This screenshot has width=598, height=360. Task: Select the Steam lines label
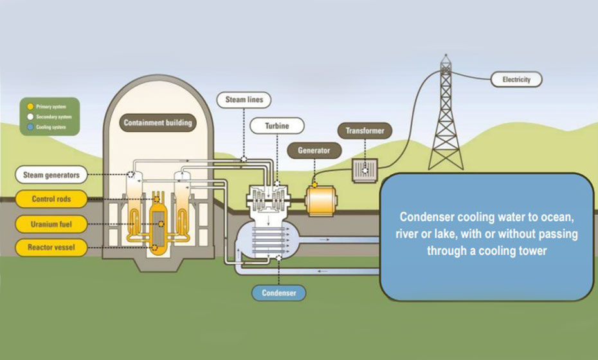(x=244, y=100)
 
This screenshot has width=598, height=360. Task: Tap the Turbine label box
(x=277, y=126)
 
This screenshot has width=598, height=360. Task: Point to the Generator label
(x=314, y=150)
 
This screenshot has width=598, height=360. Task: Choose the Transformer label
(x=365, y=131)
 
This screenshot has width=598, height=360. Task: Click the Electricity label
(x=516, y=80)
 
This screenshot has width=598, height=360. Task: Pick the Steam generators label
(x=51, y=175)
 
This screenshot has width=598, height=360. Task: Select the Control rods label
(x=51, y=199)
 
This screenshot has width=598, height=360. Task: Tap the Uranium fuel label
(x=51, y=223)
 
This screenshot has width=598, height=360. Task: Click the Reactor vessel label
(x=51, y=247)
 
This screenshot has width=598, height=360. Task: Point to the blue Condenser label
(x=278, y=293)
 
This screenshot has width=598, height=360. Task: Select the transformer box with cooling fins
(x=365, y=170)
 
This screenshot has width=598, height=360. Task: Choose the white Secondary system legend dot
(x=30, y=116)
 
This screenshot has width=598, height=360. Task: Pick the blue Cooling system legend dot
(x=30, y=127)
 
